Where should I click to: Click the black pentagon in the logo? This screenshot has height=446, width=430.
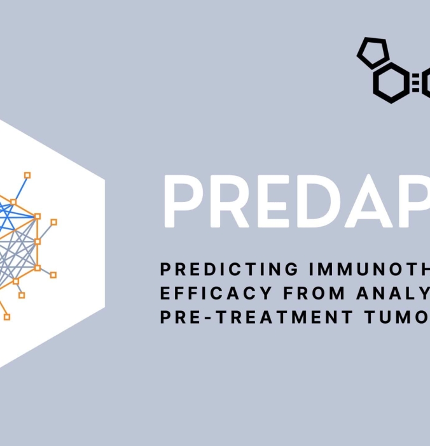pos(373,53)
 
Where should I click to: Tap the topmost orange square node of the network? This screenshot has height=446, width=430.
pos(27,175)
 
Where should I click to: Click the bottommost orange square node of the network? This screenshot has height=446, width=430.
pos(7,316)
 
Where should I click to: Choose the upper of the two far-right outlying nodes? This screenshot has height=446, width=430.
pos(54,222)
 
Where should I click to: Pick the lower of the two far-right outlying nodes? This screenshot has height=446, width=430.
pos(53,275)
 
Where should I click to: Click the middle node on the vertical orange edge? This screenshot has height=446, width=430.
pos(38,241)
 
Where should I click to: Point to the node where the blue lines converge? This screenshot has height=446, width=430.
pos(38,217)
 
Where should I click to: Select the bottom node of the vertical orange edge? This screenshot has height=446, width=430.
pos(38,268)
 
